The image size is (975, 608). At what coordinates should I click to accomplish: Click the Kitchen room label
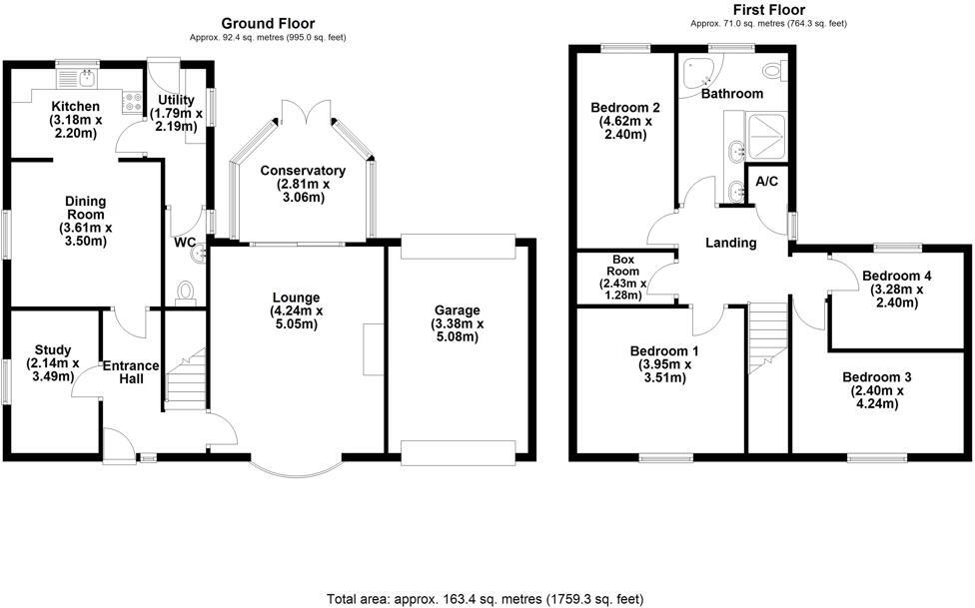[76, 106]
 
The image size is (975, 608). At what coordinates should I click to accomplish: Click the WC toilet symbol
[185, 290]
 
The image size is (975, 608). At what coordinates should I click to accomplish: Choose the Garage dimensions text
[457, 329]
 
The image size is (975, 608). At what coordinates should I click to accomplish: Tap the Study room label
[52, 349]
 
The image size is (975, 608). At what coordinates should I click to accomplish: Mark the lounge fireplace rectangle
[373, 349]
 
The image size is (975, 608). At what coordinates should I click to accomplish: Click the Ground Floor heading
[268, 23]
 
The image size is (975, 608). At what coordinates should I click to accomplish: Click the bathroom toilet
[771, 71]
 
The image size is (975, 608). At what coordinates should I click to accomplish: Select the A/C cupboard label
[767, 182]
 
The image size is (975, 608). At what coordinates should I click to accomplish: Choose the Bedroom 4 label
[897, 276]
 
